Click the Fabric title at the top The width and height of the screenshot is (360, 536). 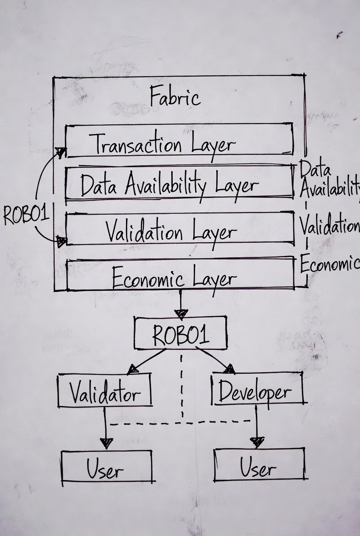(x=175, y=97)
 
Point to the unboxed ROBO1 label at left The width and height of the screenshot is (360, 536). (x=26, y=215)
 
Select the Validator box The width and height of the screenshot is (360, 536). (x=105, y=390)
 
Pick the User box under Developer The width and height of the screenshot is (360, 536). (x=259, y=464)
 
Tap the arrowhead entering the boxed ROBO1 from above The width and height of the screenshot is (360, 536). (x=181, y=314)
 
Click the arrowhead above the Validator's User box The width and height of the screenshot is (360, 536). (x=106, y=442)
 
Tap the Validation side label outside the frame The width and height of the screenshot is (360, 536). (x=329, y=225)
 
